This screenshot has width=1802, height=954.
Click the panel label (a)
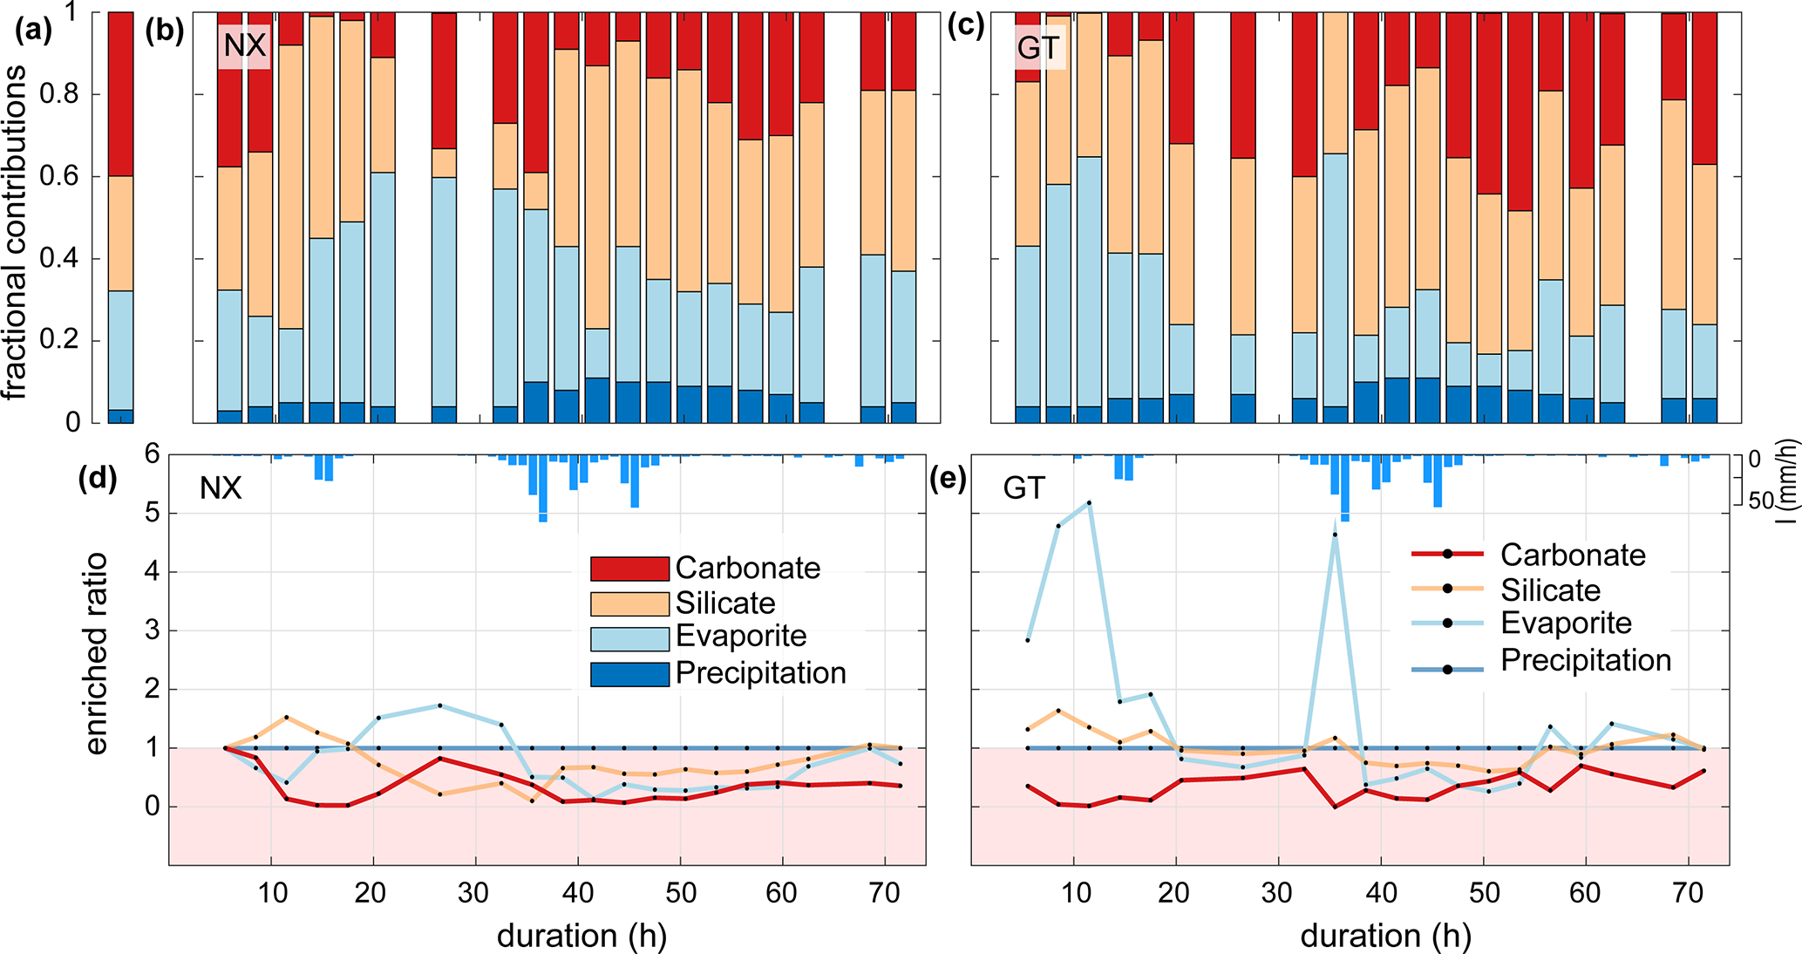pos(34,31)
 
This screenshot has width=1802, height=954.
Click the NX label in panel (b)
pos(244,44)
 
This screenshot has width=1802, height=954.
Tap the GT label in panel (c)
pos(1038,47)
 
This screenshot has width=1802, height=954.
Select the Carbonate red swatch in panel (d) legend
pos(629,569)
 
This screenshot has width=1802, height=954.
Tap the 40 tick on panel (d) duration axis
pos(578,893)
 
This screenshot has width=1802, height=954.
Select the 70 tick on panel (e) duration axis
pos(1689,893)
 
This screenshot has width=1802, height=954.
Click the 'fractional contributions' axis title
pos(16,231)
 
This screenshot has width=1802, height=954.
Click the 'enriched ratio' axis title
pos(96,654)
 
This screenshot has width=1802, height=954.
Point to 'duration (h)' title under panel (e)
pos(1385,937)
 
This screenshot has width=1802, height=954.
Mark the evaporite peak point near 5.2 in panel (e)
pos(1089,503)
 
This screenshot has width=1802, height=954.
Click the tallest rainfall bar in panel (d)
pos(543,488)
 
